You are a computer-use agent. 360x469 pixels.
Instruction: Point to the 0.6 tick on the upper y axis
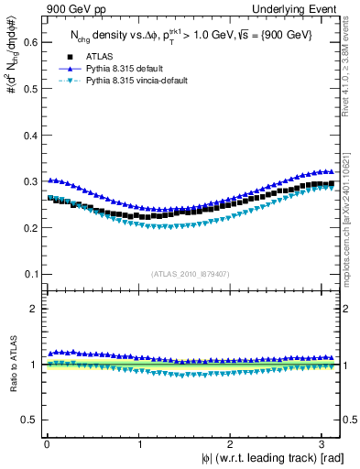(28, 41)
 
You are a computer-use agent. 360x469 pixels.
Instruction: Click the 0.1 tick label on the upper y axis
(28, 274)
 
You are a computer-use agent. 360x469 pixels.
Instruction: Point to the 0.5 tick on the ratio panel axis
(28, 420)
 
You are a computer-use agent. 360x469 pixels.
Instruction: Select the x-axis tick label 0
(46, 443)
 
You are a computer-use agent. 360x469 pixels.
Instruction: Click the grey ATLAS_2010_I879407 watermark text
(190, 272)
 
